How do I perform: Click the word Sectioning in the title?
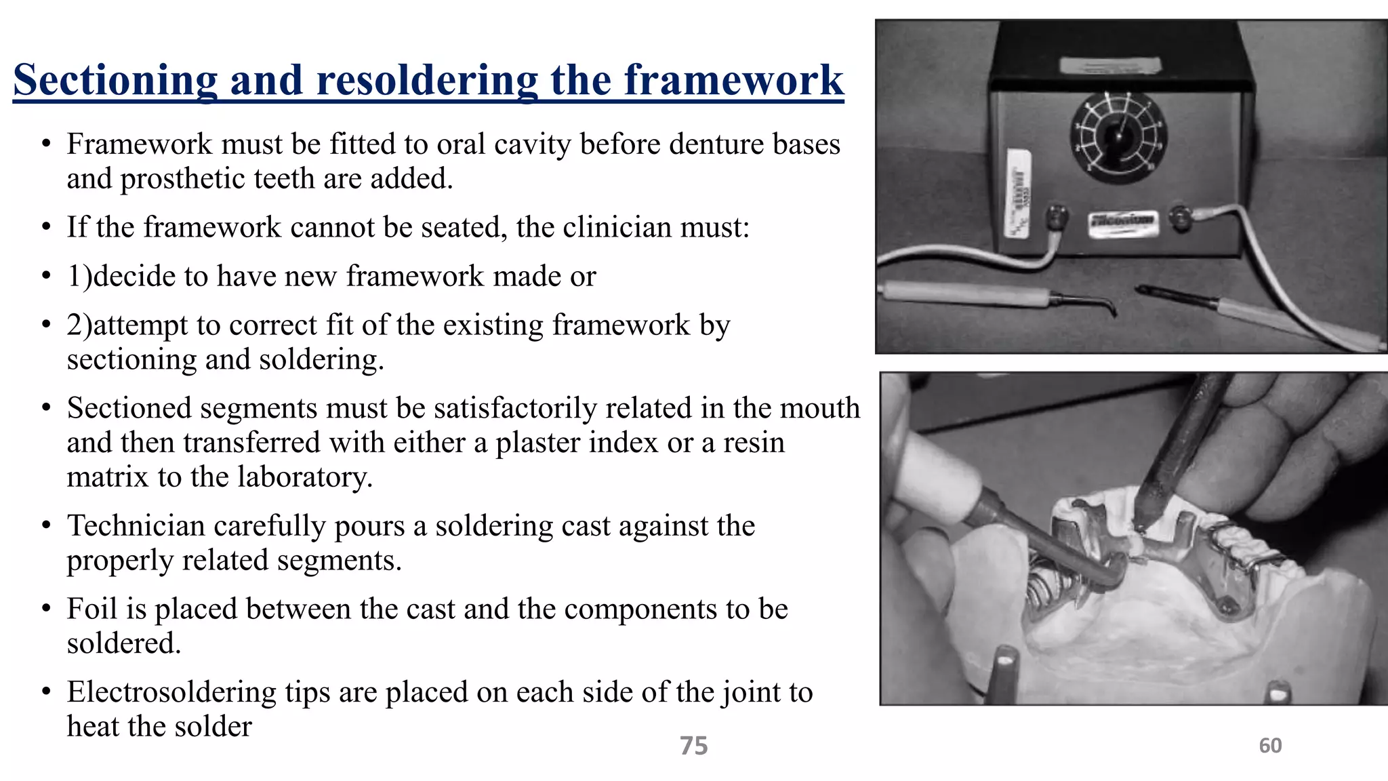(115, 80)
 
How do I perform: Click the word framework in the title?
(733, 80)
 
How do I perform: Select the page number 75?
(693, 746)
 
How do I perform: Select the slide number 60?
(1270, 746)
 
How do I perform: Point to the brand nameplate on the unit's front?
(1121, 222)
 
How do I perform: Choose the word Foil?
(92, 609)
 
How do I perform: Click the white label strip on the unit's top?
(1110, 66)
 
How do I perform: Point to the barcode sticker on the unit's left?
(1019, 193)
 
